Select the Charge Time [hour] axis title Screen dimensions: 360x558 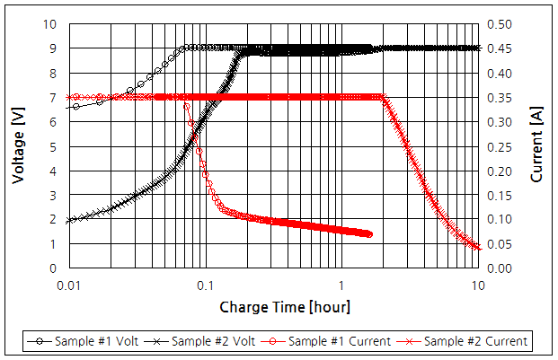point(285,307)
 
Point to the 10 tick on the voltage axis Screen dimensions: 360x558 point(51,23)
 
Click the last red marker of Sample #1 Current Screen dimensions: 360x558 point(368,234)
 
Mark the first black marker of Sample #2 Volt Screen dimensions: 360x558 point(68,220)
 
